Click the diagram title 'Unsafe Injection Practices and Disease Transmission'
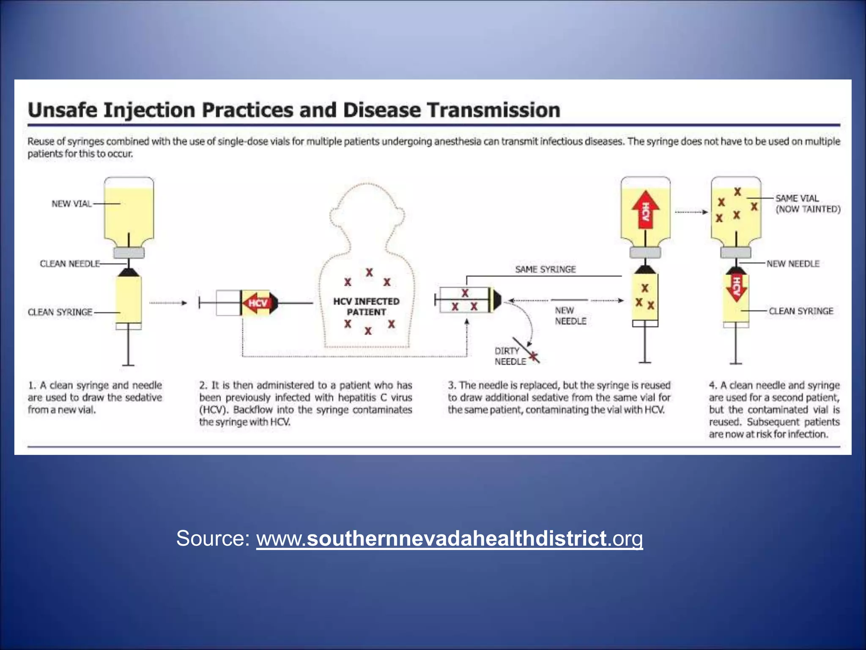[294, 110]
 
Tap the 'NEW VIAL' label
[71, 204]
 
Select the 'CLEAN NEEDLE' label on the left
[70, 264]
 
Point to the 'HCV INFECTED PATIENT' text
[366, 307]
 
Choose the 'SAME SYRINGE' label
[545, 270]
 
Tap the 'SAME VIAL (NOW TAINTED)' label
[808, 204]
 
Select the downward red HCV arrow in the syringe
[736, 287]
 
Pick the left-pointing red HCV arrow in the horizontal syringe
[256, 303]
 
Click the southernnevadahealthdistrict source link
[449, 539]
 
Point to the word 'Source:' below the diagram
[213, 539]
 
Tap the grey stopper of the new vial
[129, 253]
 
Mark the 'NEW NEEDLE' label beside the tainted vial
[793, 264]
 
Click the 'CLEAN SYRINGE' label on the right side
[801, 311]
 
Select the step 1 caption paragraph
[95, 397]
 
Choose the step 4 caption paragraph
[774, 410]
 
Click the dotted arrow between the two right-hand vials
[691, 212]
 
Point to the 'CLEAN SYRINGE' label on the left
[60, 312]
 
